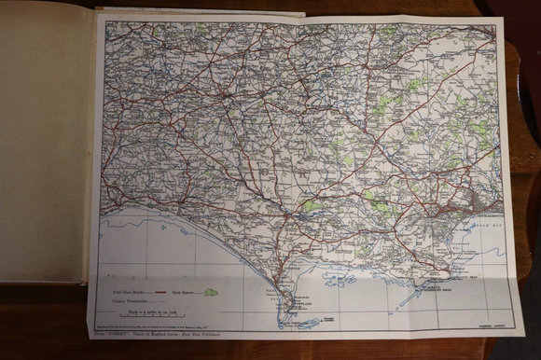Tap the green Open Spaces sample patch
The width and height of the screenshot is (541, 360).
(211, 292)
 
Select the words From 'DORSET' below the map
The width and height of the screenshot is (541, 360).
(113, 332)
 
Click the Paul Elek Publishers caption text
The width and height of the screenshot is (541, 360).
(219, 332)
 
